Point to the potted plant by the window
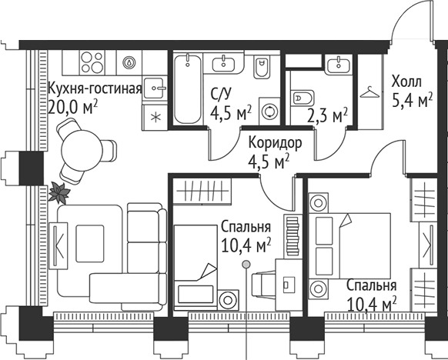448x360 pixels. point(59,193)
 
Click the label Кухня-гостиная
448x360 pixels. point(95,87)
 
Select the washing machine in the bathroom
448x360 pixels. point(269,112)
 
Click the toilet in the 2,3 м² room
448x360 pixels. point(303,98)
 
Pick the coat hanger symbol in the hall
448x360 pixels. point(372,92)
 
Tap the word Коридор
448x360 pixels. point(269,144)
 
